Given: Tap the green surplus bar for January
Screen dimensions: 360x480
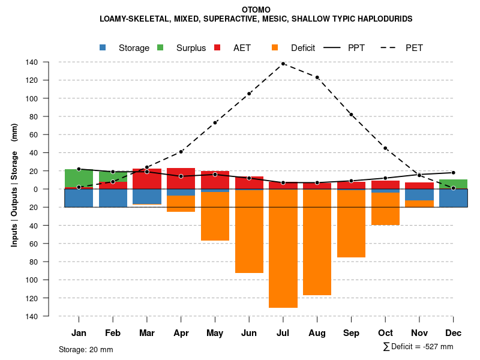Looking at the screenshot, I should pyautogui.click(x=79, y=178).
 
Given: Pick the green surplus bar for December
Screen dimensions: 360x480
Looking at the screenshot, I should pyautogui.click(x=453, y=184).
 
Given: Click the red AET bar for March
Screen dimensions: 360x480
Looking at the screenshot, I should pyautogui.click(x=146, y=179).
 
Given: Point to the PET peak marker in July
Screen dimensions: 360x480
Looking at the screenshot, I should pyautogui.click(x=283, y=64).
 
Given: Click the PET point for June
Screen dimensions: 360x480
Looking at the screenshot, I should pyautogui.click(x=249, y=94).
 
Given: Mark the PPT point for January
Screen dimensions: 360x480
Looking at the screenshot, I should pyautogui.click(x=79, y=169).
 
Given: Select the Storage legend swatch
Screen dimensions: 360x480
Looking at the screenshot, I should pyautogui.click(x=103, y=47).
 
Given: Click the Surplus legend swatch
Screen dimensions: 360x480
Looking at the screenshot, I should pyautogui.click(x=160, y=47).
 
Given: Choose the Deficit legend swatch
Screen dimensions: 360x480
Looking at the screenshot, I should pyautogui.click(x=275, y=47).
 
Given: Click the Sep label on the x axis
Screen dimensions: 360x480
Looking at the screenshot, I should pyautogui.click(x=351, y=333).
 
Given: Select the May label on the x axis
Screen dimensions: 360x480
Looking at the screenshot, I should pyautogui.click(x=215, y=333).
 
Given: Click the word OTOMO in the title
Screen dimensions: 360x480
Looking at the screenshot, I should pyautogui.click(x=256, y=10).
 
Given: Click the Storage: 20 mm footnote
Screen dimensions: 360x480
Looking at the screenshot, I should pyautogui.click(x=86, y=350).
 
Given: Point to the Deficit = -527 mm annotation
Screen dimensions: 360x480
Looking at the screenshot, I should pyautogui.click(x=418, y=347).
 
